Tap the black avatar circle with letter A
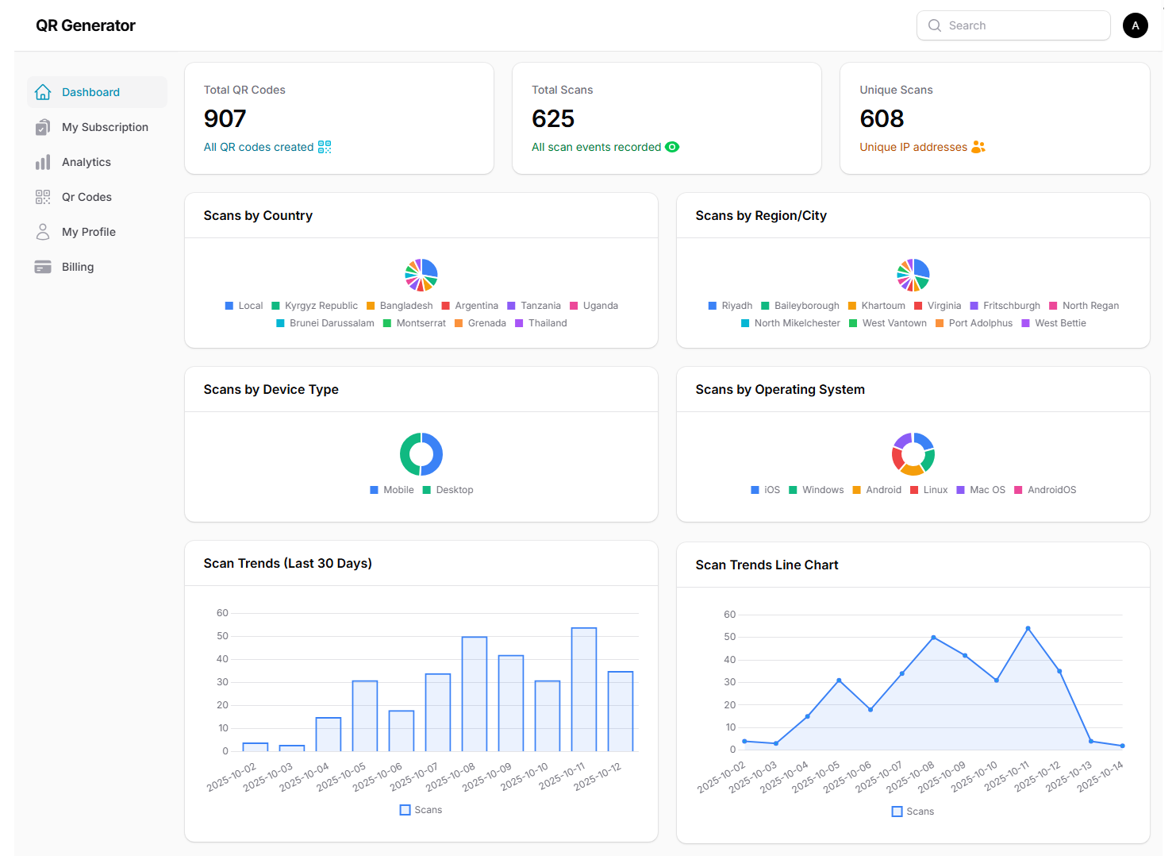1135,25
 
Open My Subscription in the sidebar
105,127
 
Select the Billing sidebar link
78,267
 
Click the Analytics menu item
86,162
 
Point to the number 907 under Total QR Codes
225,119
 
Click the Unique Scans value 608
882,119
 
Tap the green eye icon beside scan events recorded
672,147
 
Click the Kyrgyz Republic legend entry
321,306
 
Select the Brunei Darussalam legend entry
332,323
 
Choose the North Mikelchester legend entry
797,323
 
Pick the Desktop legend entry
454,490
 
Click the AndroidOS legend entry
1051,490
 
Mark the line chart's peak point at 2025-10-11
1028,628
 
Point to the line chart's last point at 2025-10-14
1122,746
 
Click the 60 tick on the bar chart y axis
222,613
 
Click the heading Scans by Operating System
780,390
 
